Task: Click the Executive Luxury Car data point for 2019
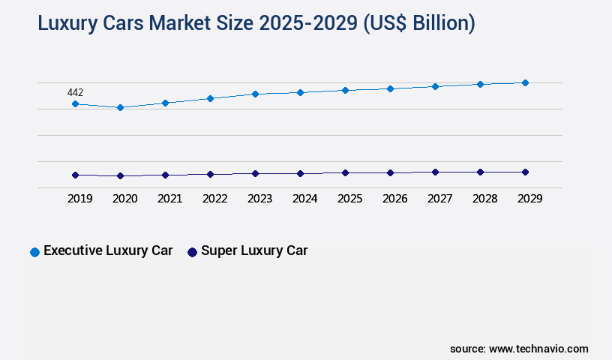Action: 75,103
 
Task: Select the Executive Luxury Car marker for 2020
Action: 120,107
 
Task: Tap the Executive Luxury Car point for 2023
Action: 255,94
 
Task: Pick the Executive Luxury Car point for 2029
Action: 525,82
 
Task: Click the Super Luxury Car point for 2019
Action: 75,175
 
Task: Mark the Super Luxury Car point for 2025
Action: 345,172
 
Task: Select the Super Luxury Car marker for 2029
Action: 525,172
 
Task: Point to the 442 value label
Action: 75,92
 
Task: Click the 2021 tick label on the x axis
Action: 169,199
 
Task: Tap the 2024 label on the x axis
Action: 304,199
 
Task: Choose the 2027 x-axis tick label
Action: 439,199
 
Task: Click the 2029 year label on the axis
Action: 529,199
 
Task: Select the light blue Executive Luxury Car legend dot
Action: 34,252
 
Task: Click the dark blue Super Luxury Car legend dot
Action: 192,252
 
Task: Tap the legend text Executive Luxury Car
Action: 108,251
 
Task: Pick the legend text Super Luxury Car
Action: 254,251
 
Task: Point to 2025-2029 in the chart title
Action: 308,23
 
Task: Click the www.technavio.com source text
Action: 538,349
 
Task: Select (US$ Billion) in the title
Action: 419,23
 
